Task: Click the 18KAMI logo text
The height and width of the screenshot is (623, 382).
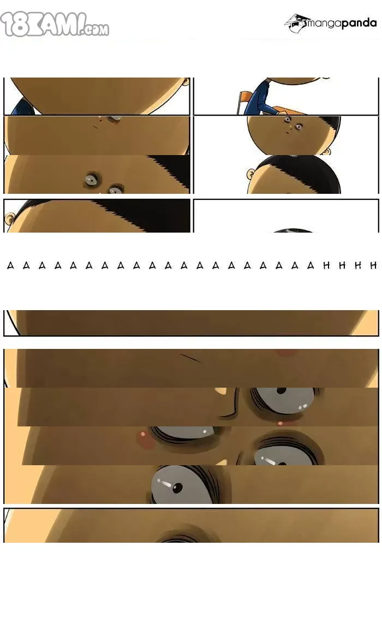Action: pos(55,24)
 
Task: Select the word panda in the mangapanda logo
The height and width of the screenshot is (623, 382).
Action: pos(359,23)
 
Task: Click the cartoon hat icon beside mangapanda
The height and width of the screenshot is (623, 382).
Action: pos(296,23)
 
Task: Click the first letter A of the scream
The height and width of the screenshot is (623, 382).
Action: pos(11,265)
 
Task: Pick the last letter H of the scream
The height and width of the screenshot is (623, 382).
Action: pos(373,265)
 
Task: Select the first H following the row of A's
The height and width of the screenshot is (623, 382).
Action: pos(326,265)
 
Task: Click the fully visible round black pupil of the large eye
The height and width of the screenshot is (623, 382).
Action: pos(177,486)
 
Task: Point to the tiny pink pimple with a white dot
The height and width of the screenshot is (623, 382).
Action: pos(280,423)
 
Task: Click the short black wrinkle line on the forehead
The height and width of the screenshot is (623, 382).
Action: pos(191,358)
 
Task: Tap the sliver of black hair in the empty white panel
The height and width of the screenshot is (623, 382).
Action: pos(293,230)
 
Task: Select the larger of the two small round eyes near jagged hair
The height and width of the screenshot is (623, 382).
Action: pos(93,180)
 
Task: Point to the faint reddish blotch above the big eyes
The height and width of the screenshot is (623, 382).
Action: pos(286,352)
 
